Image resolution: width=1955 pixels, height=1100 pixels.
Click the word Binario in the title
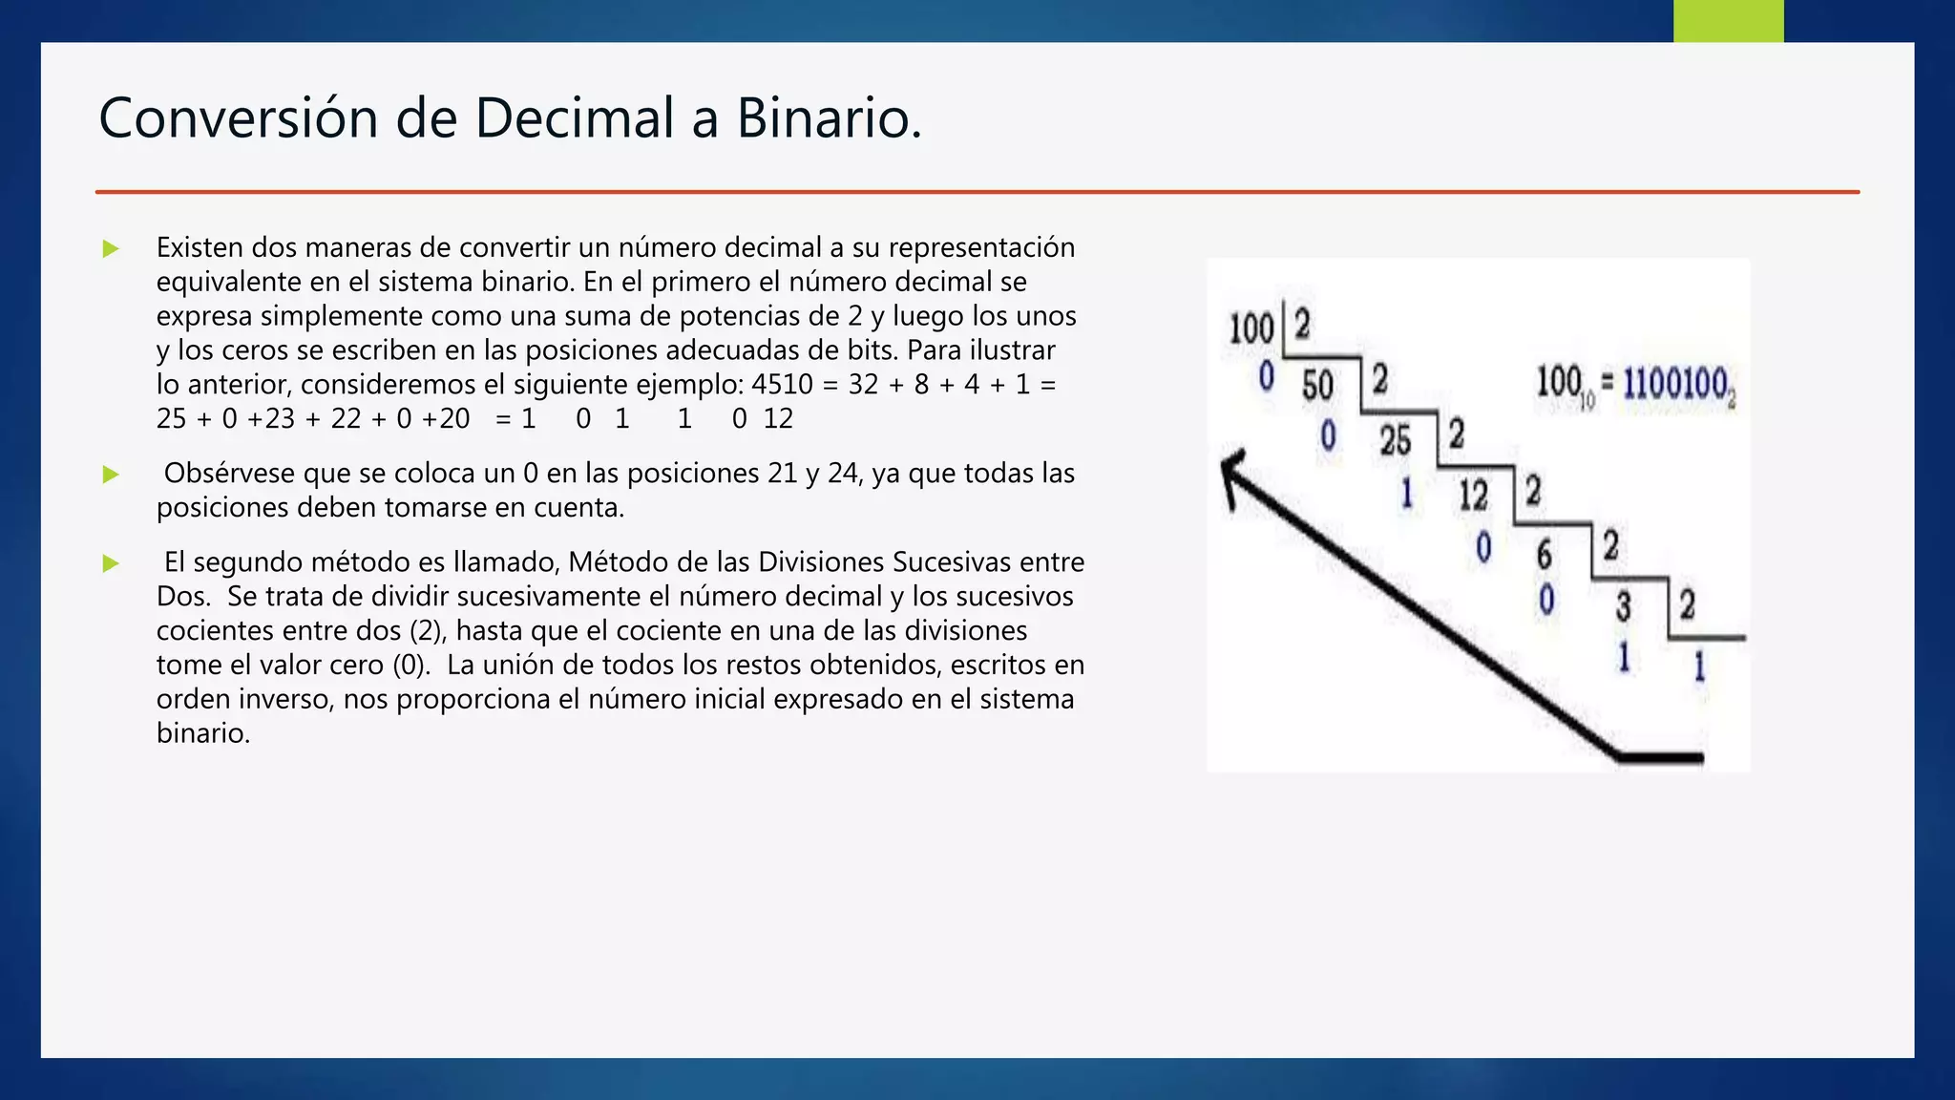point(829,118)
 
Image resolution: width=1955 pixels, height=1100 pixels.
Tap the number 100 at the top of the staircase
point(1251,328)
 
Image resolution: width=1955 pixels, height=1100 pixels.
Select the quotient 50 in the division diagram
point(1317,386)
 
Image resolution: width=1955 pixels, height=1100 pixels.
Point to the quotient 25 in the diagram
point(1395,440)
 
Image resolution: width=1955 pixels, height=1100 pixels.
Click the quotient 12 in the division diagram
point(1473,496)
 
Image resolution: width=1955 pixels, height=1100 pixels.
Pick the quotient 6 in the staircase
point(1544,554)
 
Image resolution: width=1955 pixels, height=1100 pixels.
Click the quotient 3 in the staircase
point(1623,606)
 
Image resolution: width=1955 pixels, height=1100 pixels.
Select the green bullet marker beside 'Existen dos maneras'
point(111,249)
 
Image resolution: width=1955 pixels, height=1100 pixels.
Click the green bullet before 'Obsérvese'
point(111,475)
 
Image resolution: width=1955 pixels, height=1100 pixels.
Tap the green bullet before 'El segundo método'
point(111,563)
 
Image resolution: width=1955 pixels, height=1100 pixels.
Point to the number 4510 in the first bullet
point(782,385)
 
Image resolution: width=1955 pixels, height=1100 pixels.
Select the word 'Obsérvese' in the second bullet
point(230,474)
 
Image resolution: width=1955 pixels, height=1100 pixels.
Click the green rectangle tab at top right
point(1728,20)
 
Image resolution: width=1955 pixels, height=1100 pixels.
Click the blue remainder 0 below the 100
point(1267,376)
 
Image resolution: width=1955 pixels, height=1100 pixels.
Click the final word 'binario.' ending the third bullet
point(203,733)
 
